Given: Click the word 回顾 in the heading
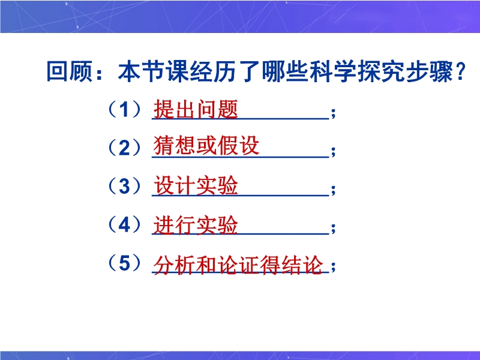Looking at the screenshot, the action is (x=70, y=72).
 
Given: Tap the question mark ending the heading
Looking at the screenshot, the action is (x=460, y=72).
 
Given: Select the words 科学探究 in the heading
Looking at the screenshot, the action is (x=357, y=72).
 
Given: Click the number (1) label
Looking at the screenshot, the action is (x=124, y=109).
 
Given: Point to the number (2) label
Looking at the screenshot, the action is (x=124, y=148).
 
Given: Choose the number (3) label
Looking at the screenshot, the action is (x=124, y=186).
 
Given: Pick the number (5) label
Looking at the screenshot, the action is (x=124, y=263).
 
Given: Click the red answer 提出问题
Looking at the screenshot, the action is (x=196, y=109).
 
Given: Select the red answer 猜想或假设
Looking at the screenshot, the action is (x=206, y=145).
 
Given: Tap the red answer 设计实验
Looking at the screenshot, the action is (x=196, y=185).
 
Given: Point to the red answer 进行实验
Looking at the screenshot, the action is (x=196, y=225).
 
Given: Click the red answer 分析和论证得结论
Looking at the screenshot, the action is (x=238, y=265).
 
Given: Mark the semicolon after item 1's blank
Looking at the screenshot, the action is (x=334, y=113).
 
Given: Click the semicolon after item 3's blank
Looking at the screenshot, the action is (x=334, y=190).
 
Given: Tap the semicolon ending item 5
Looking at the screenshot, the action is (x=334, y=266).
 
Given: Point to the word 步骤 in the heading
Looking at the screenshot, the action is (x=429, y=72).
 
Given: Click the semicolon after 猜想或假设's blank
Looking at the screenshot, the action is (x=334, y=152).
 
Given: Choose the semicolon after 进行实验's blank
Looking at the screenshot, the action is (x=334, y=228).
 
